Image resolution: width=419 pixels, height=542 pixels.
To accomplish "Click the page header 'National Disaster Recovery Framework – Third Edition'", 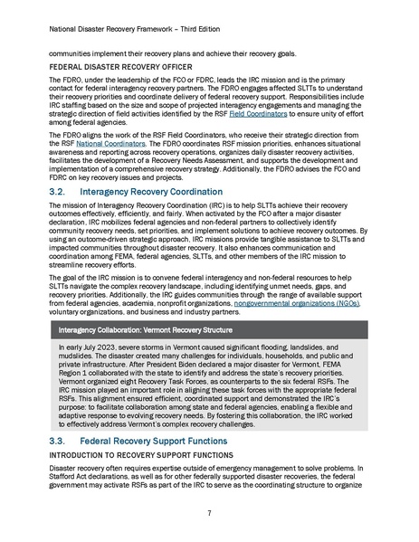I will (x=144, y=29).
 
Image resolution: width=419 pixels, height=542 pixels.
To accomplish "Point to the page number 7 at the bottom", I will (x=209, y=514).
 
